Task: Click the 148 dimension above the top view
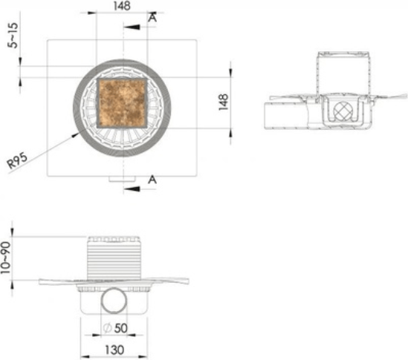coord(122,6)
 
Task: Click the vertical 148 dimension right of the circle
coord(224,102)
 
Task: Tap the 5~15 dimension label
coord(13,36)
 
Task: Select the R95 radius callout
coord(17,160)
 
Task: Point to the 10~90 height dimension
coord(6,258)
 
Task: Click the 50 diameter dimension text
coord(121,328)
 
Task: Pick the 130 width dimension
coord(114,350)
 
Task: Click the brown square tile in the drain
coord(122,103)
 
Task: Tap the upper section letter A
coord(153,17)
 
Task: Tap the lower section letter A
coord(152,180)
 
